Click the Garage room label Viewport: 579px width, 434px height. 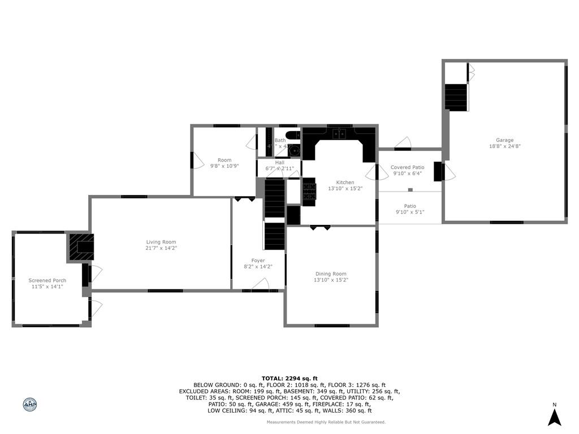click(x=504, y=140)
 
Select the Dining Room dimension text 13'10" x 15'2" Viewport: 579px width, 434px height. click(x=331, y=280)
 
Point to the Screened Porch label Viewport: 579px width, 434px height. click(x=47, y=280)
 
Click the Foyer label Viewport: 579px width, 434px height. click(x=258, y=261)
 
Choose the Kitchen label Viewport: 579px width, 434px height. click(x=345, y=183)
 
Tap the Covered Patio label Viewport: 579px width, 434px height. click(x=407, y=167)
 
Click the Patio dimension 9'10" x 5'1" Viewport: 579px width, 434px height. click(x=410, y=212)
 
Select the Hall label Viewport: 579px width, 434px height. click(x=279, y=163)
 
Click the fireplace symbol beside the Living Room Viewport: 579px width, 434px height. click(x=80, y=246)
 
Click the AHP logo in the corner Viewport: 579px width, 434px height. click(x=29, y=404)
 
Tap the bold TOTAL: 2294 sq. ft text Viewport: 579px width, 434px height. click(x=289, y=378)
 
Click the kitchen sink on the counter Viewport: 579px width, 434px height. click(x=339, y=134)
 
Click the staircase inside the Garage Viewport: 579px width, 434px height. click(x=456, y=97)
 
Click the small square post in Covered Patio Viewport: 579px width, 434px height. click(x=411, y=189)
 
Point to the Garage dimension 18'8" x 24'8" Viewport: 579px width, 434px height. click(x=504, y=146)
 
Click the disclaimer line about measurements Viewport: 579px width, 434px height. click(x=326, y=422)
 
